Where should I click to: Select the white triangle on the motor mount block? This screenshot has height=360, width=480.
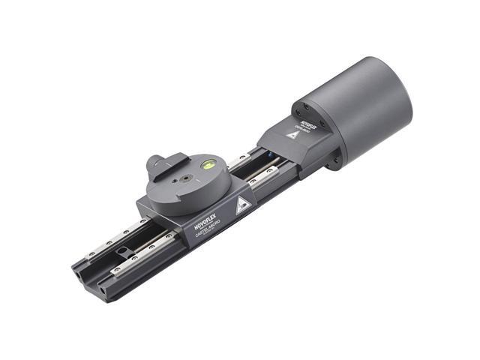click(x=292, y=136)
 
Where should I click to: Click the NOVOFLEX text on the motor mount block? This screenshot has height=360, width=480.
click(x=308, y=122)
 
